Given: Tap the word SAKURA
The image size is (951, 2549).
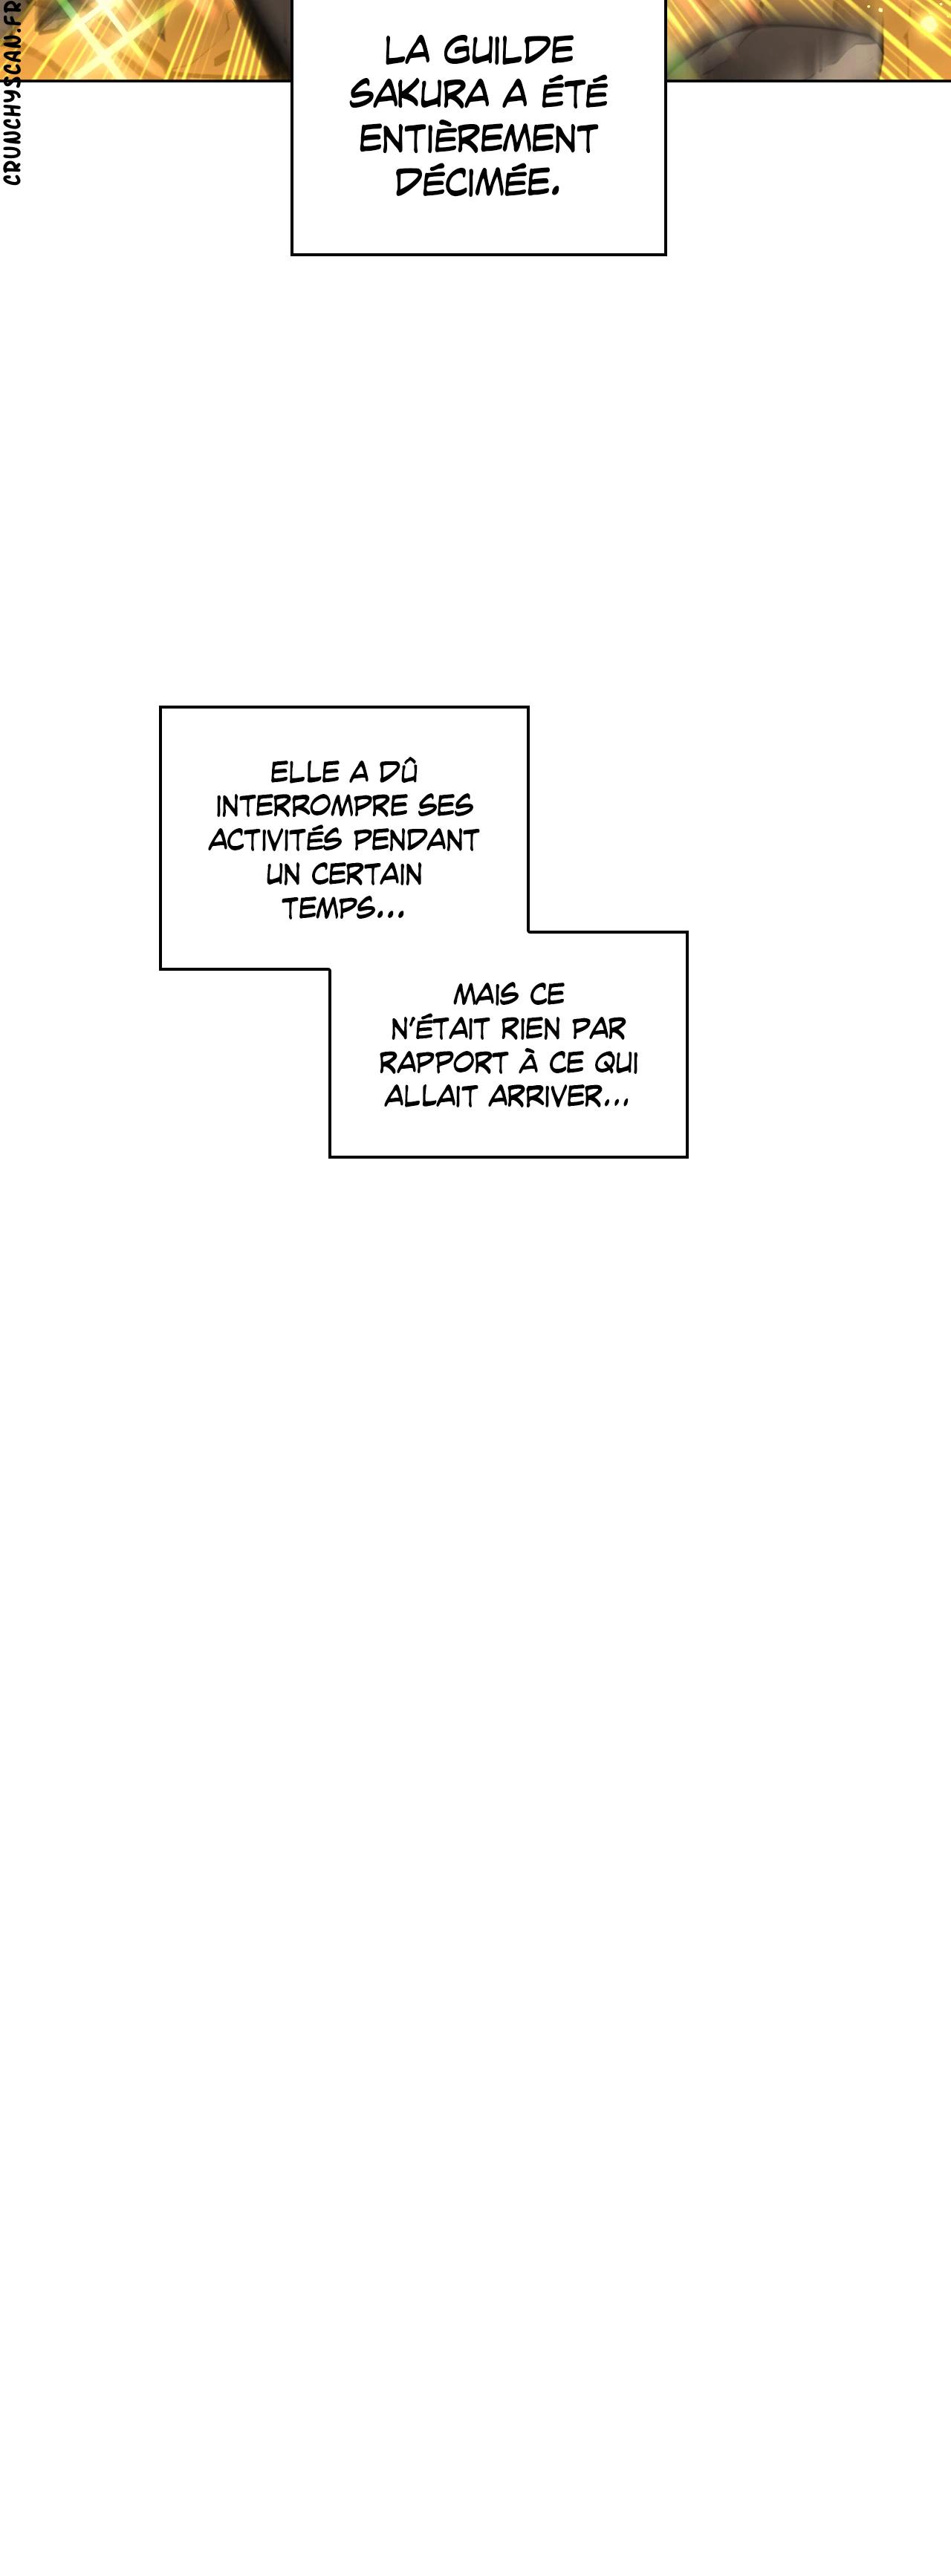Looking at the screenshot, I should tap(420, 95).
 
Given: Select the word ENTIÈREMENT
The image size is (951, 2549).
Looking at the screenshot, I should tap(478, 140).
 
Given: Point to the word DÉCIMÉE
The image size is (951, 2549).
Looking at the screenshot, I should tap(477, 182).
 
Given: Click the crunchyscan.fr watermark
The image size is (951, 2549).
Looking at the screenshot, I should tap(12, 94).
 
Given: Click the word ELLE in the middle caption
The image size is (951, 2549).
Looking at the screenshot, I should tap(304, 772).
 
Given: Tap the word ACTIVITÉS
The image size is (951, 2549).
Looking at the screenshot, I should tap(275, 840).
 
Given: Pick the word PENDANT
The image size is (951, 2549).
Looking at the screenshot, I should tap(415, 840).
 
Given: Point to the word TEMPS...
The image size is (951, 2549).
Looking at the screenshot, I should tap(328, 908).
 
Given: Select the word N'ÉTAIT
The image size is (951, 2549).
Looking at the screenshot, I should tap(441, 1028).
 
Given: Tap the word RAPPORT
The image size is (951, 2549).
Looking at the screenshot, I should tap(444, 1063).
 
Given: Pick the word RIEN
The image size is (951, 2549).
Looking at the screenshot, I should tap(530, 1028).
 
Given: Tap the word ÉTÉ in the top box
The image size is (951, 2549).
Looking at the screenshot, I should tap(574, 94).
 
